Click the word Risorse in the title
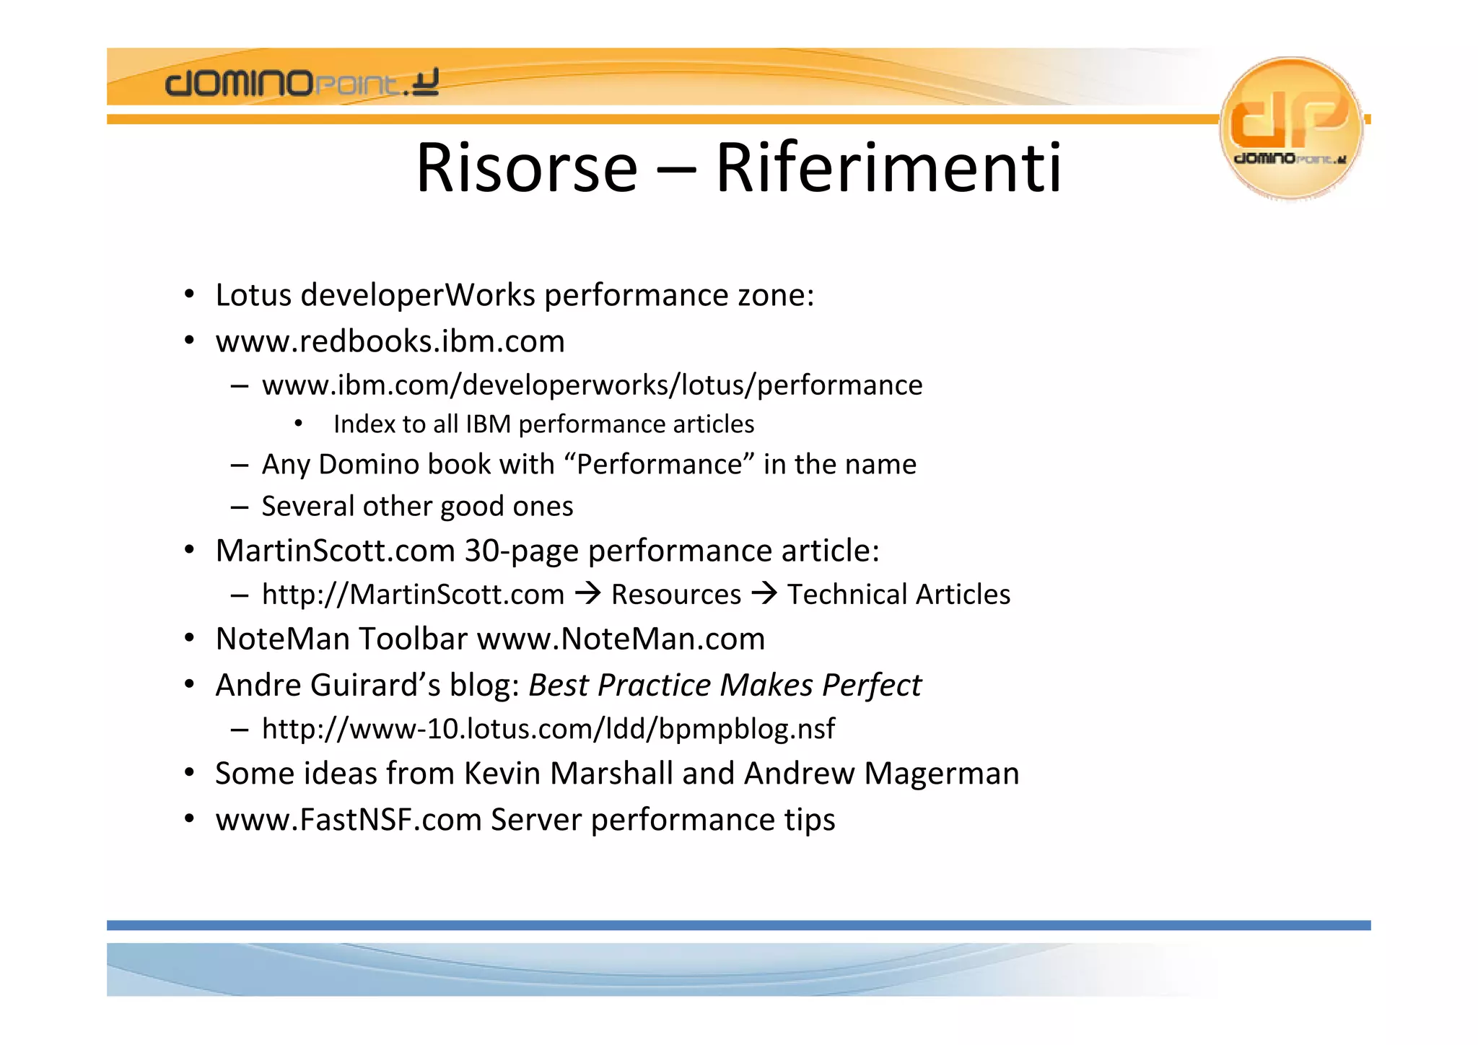[x=526, y=168]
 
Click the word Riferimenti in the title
[x=888, y=168]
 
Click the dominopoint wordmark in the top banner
[x=302, y=83]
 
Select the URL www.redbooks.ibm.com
[x=390, y=341]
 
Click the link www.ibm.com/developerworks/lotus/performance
[x=592, y=385]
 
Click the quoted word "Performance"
[x=660, y=464]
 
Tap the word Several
[x=309, y=506]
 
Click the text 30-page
[x=521, y=551]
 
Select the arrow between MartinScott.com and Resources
[x=588, y=594]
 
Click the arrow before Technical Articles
[x=764, y=594]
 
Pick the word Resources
[x=676, y=595]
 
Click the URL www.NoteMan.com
[x=621, y=639]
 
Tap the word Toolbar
[x=414, y=639]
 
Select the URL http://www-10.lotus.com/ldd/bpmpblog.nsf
[x=548, y=729]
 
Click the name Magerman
[x=942, y=774]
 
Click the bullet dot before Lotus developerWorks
[x=189, y=294]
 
